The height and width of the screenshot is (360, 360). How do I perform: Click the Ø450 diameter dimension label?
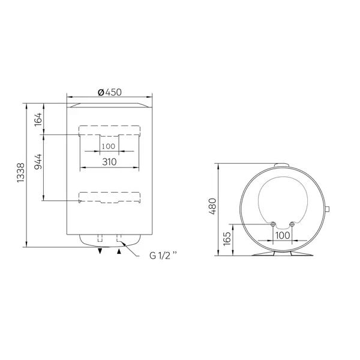110,92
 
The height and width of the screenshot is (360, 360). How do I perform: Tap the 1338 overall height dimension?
20,173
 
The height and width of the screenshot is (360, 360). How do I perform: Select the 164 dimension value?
38,119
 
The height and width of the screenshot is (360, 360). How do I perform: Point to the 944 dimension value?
38,161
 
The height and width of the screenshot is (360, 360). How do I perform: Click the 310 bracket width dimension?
109,162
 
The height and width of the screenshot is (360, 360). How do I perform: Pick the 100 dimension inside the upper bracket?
109,146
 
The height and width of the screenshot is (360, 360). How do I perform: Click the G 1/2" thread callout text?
163,256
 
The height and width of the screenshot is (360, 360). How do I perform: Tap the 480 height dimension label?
212,206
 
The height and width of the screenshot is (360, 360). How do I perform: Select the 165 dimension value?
227,239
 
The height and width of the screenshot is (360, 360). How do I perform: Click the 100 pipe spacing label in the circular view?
283,235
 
